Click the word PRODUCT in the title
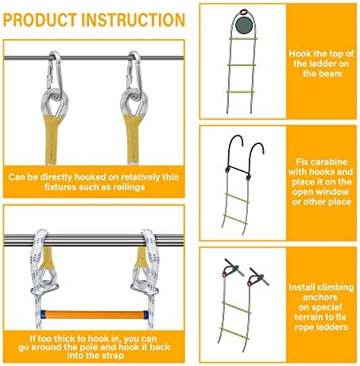coord(40,20)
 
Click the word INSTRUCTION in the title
coord(134,20)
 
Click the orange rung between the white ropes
coord(95,315)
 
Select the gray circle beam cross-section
coord(244,25)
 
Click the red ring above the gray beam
coord(244,12)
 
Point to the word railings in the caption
coord(129,187)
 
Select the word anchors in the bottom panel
coord(320,298)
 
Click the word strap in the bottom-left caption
coord(113,356)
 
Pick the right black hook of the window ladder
coord(256,159)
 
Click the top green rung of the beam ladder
coord(243,39)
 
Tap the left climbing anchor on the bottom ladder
coord(233,268)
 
